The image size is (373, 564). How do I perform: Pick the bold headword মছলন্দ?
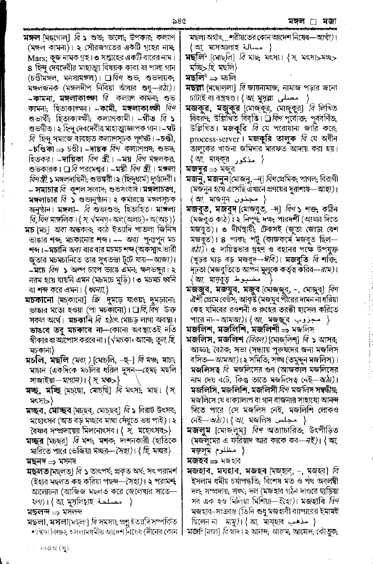coord(37,512)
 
